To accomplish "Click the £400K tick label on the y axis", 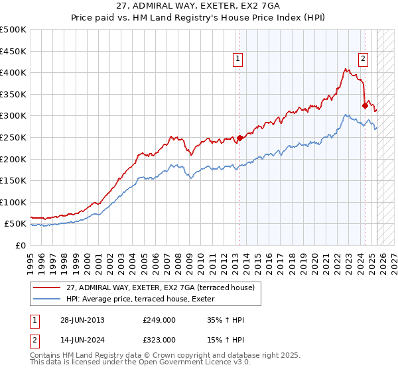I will coord(13,73).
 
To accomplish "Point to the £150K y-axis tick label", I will coord(13,180).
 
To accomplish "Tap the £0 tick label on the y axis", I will coord(20,245).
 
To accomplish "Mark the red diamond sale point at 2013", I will coord(239,138).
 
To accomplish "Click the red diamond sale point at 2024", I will coord(365,105).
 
